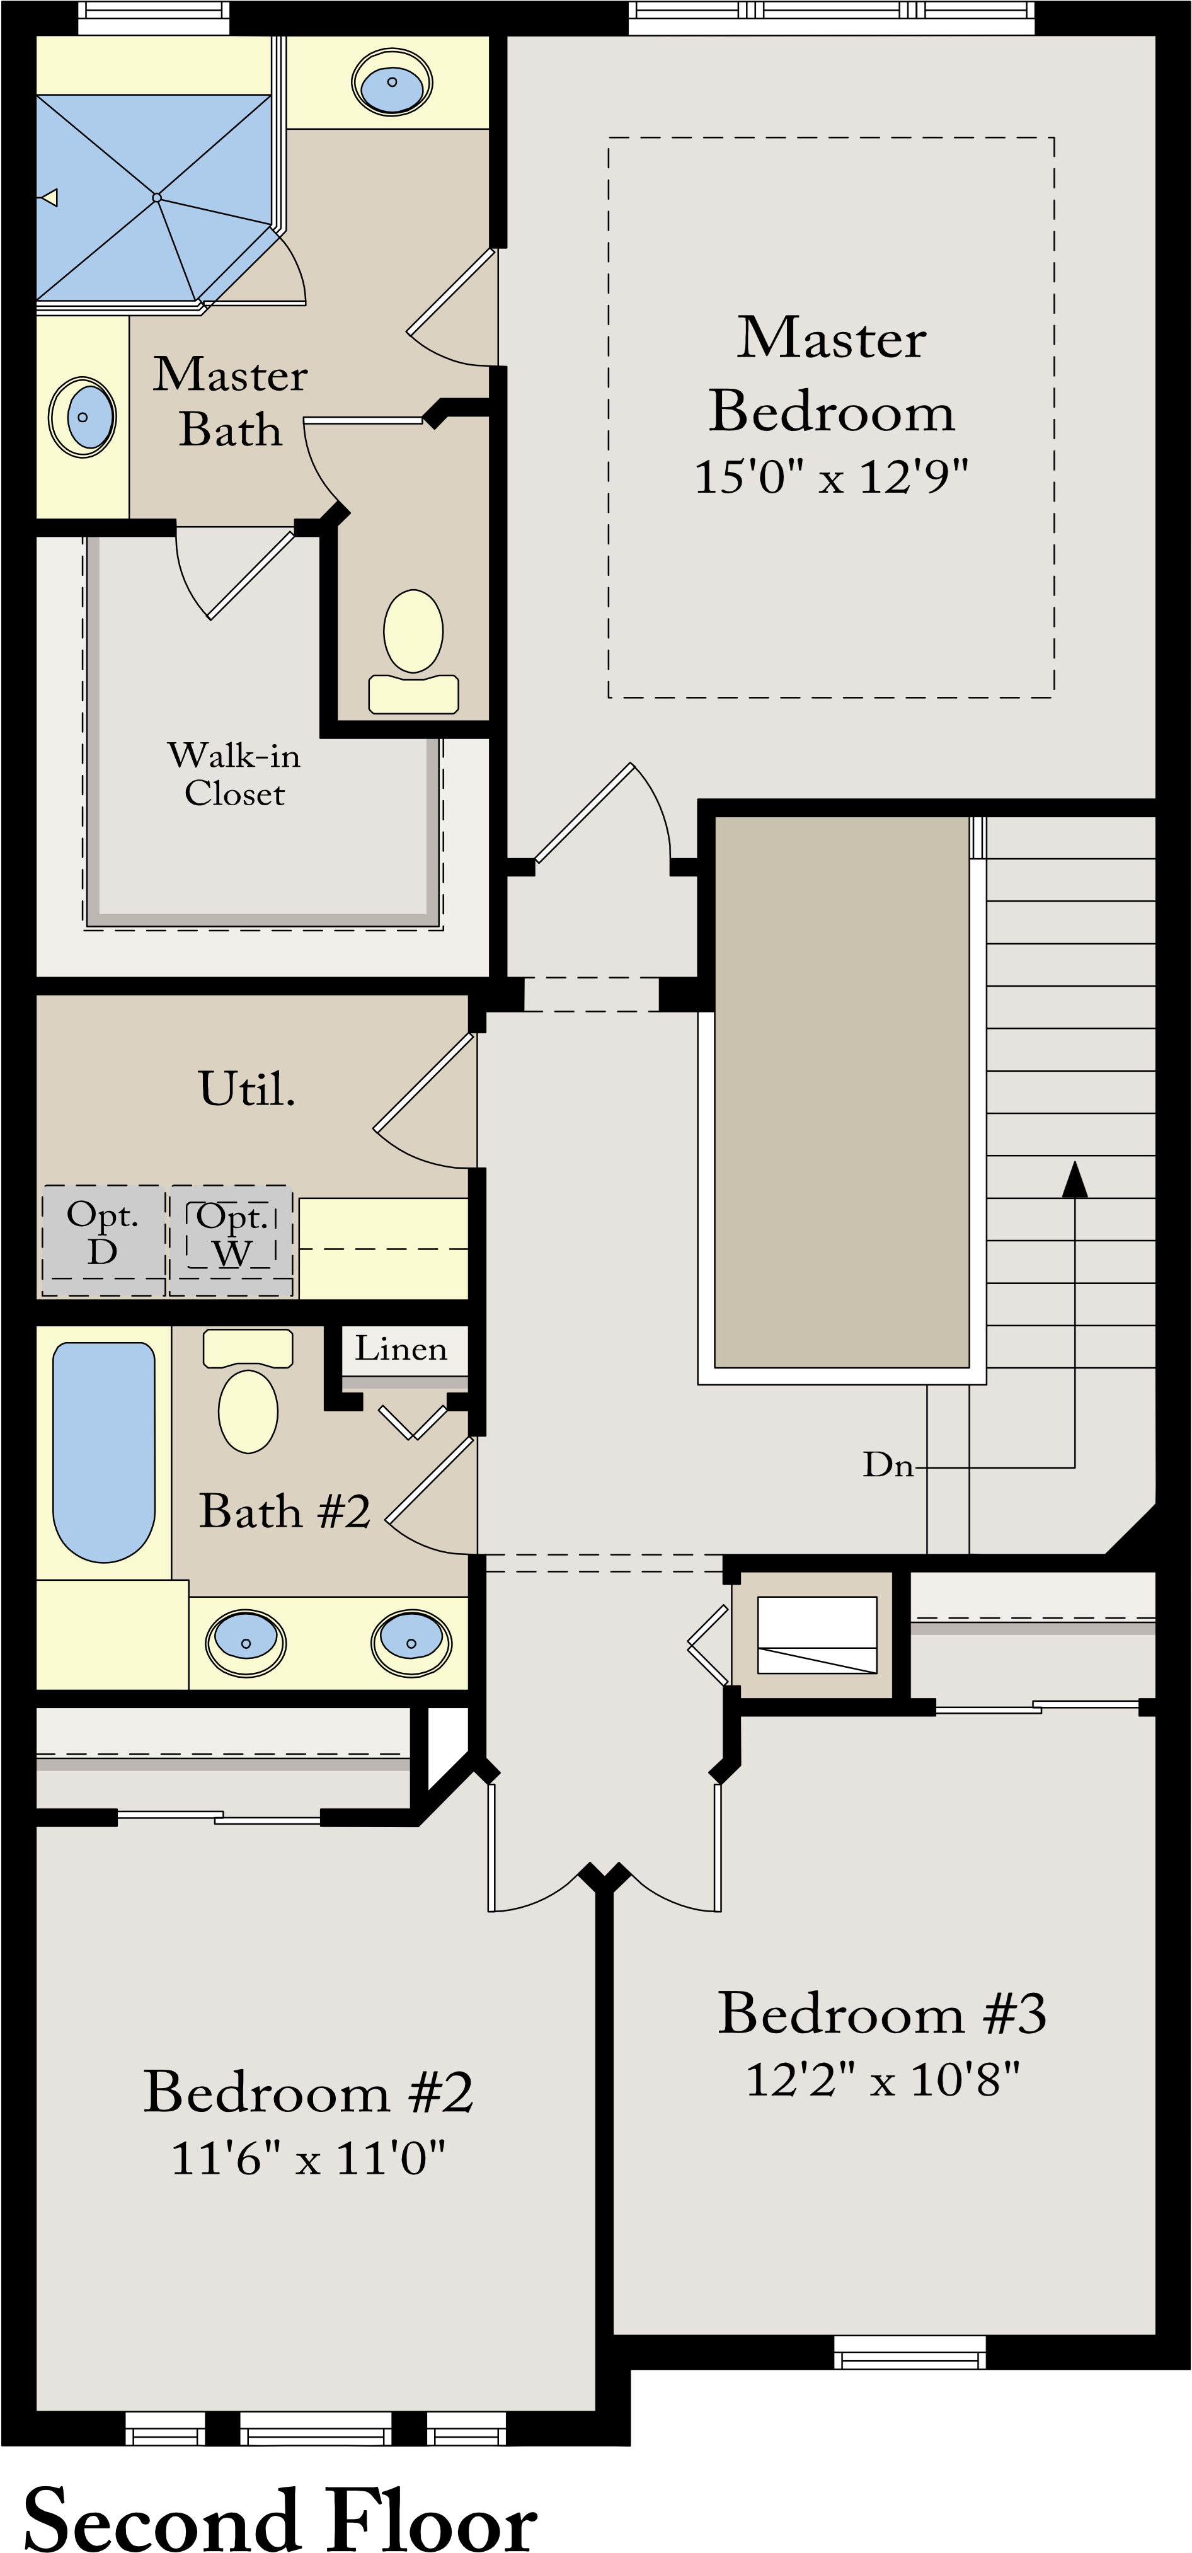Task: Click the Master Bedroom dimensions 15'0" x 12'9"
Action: coord(830,477)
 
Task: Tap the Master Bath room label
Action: coord(230,401)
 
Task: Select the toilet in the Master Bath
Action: coord(413,649)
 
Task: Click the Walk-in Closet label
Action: coord(234,774)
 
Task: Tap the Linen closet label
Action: coord(401,1349)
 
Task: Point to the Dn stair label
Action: coord(887,1465)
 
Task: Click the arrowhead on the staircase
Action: coord(1074,1179)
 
